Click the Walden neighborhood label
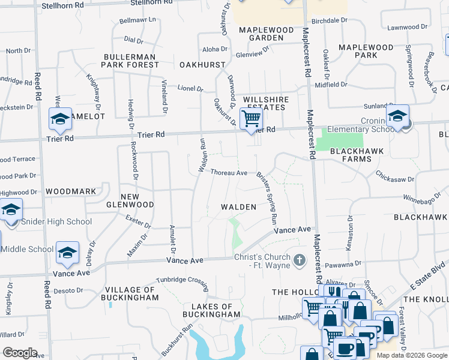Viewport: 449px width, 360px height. [x=238, y=207]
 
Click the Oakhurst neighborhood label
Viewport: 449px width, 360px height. [x=202, y=64]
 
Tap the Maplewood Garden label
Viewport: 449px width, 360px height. [x=266, y=34]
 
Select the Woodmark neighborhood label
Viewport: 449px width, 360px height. [x=70, y=191]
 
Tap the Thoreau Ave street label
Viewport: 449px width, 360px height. [x=229, y=173]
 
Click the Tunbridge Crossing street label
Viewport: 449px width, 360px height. [x=182, y=280]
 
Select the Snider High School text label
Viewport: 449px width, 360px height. [x=56, y=221]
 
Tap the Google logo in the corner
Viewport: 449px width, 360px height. [x=20, y=353]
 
